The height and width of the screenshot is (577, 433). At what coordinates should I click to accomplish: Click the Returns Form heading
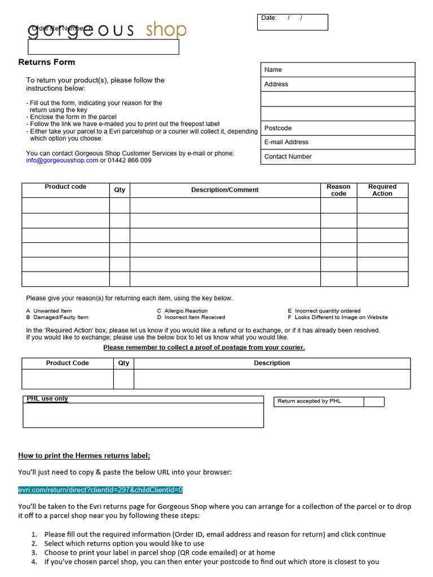[x=47, y=62]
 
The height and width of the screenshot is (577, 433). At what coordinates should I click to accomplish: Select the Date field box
[x=292, y=22]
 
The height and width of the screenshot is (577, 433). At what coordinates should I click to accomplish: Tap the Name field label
[x=273, y=70]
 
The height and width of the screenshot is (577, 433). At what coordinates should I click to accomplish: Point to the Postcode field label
[x=278, y=128]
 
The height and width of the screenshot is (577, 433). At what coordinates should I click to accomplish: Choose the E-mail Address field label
[x=286, y=142]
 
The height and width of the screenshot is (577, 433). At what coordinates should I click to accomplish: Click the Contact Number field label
[x=288, y=157]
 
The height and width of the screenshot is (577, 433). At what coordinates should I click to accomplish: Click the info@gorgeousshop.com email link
[x=62, y=161]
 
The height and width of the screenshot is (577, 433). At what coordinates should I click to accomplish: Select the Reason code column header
[x=338, y=190]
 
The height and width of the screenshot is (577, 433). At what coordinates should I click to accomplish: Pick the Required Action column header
[x=382, y=190]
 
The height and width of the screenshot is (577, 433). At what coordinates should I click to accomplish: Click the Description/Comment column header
[x=225, y=190]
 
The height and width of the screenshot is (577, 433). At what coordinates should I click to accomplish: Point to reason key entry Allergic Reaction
[x=185, y=311]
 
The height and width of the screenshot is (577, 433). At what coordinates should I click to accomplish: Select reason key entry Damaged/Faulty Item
[x=60, y=317]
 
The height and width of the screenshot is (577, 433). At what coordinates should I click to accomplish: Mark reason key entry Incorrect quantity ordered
[x=327, y=311]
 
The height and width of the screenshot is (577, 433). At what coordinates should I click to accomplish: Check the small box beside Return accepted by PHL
[x=373, y=401]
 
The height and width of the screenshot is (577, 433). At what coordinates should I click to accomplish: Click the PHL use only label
[x=47, y=399]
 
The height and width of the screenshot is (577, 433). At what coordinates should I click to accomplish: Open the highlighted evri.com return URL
[x=100, y=490]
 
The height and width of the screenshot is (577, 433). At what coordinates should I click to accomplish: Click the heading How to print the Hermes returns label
[x=84, y=455]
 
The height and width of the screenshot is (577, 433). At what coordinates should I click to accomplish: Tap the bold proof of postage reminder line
[x=204, y=348]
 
